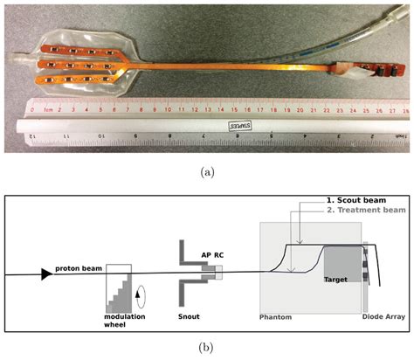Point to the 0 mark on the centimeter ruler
click(32, 111)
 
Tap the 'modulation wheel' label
click(125, 319)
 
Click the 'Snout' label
click(191, 315)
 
